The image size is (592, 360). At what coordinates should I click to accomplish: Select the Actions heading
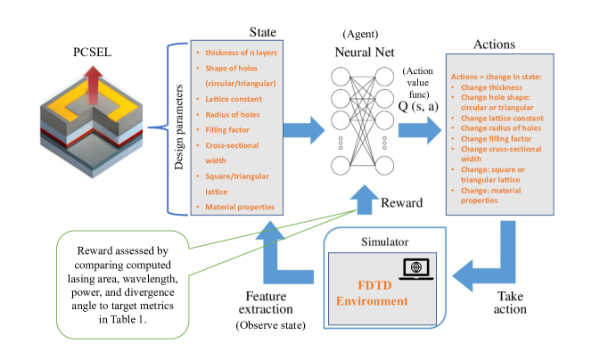(x=496, y=44)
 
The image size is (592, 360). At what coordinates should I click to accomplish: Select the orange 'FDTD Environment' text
(x=371, y=292)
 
